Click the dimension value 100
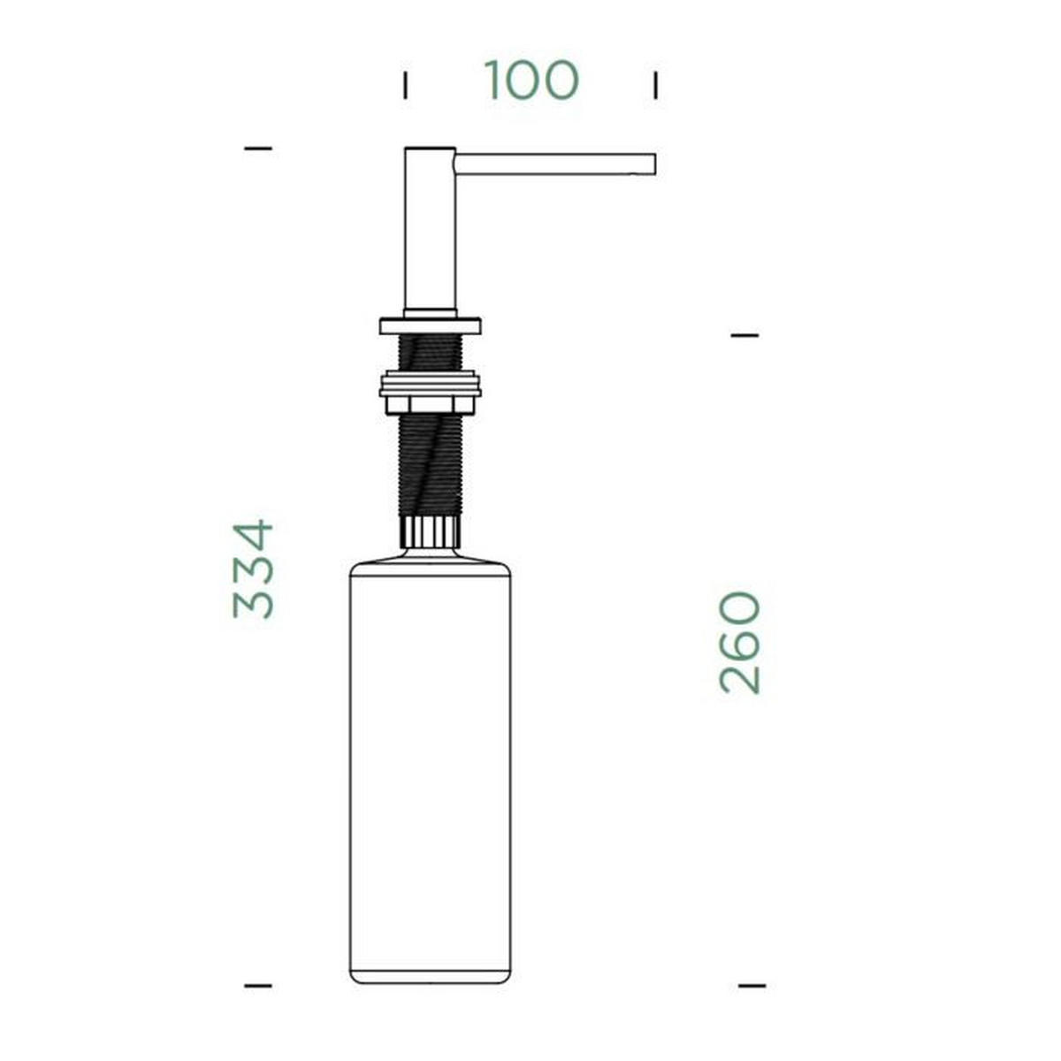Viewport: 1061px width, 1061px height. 531,80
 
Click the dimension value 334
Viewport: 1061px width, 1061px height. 253,569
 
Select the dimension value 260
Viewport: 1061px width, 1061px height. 740,643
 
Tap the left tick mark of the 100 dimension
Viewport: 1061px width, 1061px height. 405,86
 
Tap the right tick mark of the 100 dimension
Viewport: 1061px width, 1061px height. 655,86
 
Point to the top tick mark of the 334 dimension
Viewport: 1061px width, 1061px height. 258,149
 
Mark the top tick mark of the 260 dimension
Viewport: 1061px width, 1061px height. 745,335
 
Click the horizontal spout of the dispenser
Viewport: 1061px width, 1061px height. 555,164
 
